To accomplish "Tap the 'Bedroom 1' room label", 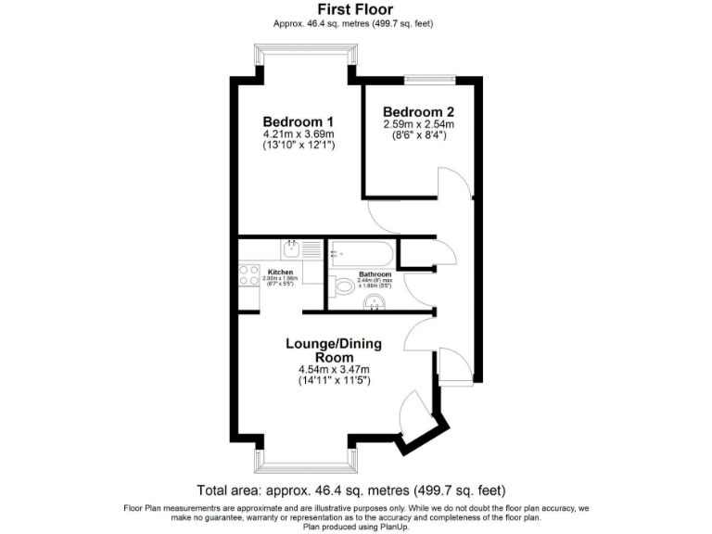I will [x=298, y=122].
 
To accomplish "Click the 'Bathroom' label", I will [x=375, y=274].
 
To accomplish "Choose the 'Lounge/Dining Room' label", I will [x=333, y=350].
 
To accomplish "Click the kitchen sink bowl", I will [x=291, y=248].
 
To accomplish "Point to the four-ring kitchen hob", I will [x=248, y=274].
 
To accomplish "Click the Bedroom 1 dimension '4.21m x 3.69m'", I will [x=298, y=134].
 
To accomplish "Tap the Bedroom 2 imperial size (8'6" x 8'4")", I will [x=418, y=135].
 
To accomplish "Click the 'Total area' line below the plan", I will [x=351, y=489].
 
